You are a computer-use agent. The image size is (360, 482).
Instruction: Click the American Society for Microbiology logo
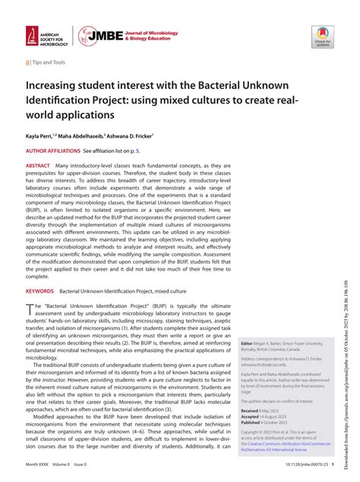pos(46,36)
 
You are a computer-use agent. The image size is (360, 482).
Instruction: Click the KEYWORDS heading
pos(40,291)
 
